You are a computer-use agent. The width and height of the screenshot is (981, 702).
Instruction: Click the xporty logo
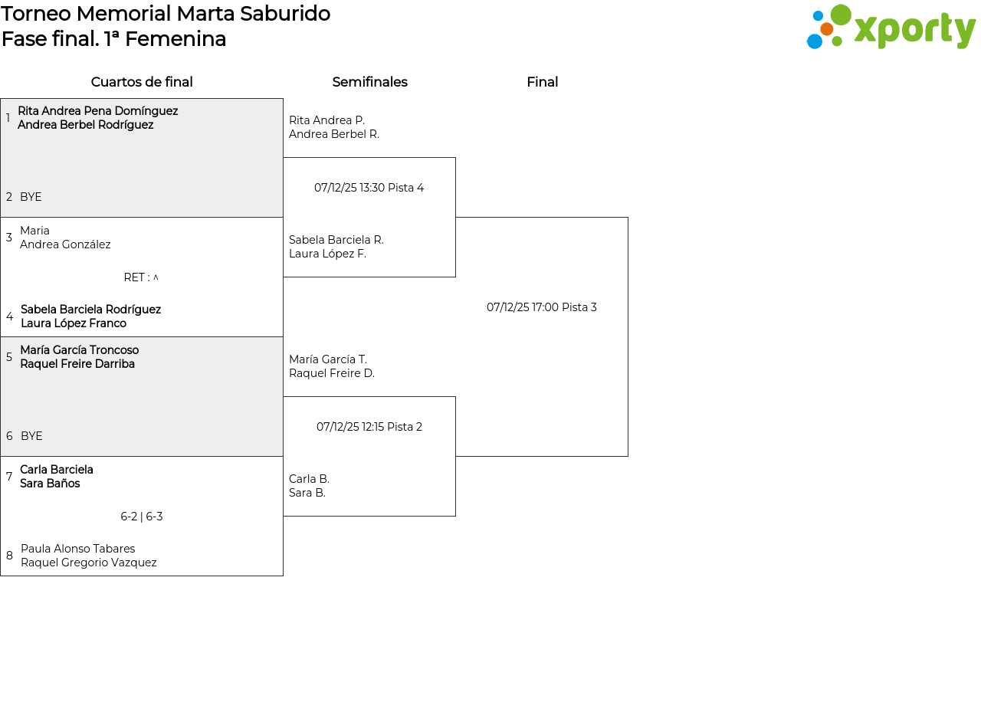coord(891,27)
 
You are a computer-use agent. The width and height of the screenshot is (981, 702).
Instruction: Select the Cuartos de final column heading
coord(142,82)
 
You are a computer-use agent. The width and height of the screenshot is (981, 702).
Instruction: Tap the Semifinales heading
coord(369,82)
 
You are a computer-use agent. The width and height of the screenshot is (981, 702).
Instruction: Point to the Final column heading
coord(542,82)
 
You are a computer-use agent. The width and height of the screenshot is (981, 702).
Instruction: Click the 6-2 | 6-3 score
coord(142,517)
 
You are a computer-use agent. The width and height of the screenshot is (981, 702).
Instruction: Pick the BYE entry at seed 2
coord(31,197)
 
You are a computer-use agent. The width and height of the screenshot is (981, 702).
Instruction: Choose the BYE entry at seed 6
coord(31,436)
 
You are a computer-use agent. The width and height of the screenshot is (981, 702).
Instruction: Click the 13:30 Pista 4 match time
coord(369,188)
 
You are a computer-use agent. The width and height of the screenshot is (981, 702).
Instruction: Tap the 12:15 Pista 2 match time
coord(369,427)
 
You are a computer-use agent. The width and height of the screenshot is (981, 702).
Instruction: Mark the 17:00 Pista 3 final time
coord(542,307)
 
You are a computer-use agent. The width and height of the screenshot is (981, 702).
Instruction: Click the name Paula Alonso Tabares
coord(78,549)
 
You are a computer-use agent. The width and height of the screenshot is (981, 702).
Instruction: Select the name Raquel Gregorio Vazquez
coord(88,563)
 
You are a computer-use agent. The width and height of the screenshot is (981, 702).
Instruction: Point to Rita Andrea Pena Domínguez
coord(97,111)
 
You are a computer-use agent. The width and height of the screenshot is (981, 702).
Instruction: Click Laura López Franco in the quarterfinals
coord(74,323)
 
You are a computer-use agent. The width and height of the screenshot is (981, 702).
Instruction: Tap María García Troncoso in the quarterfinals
coord(79,350)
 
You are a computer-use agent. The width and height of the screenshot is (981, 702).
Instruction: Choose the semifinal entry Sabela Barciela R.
coord(336,240)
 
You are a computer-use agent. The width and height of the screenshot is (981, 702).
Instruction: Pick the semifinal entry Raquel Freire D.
coord(332,373)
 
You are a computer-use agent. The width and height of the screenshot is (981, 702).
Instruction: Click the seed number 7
coord(8,477)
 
